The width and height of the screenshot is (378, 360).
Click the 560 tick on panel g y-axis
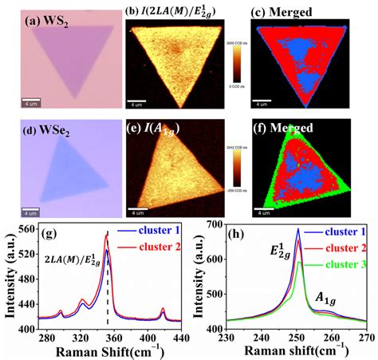coord(26,228)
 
